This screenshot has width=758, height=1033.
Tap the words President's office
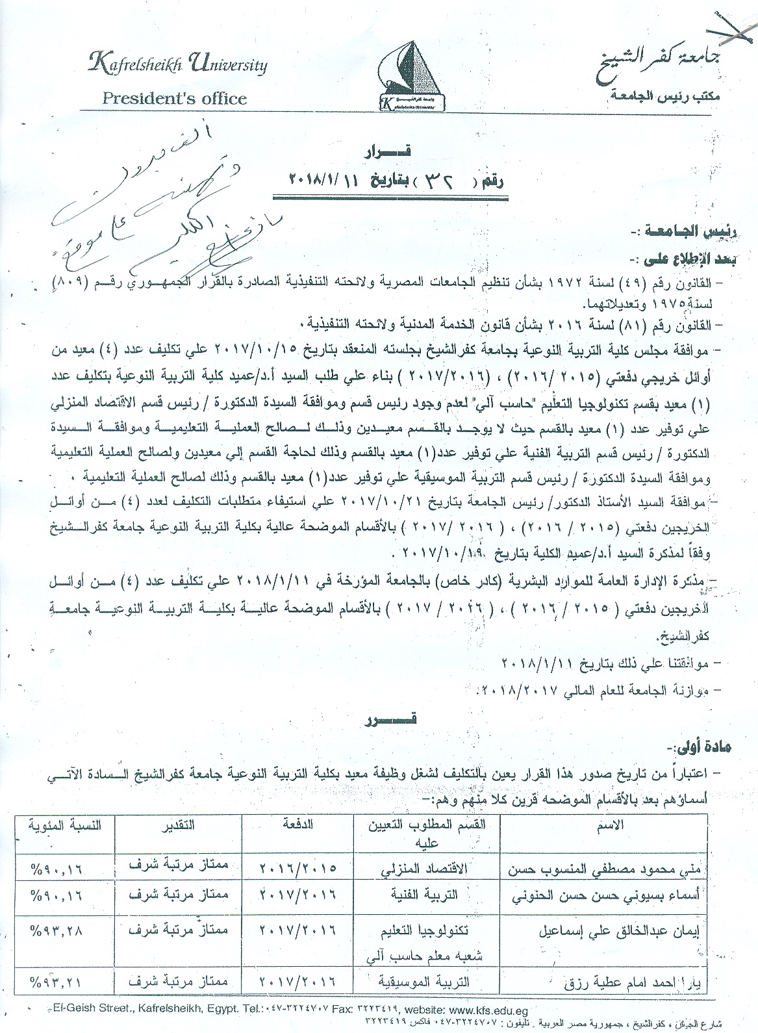pyautogui.click(x=175, y=99)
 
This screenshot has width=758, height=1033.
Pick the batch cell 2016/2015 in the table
pyautogui.click(x=297, y=869)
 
